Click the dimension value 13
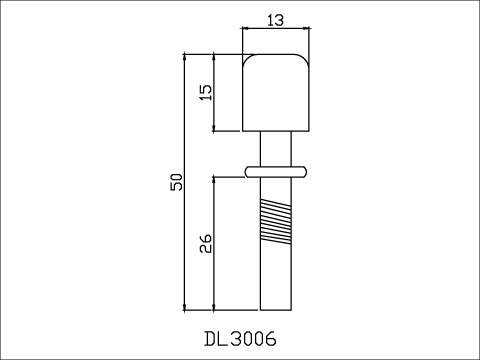pyautogui.click(x=276, y=20)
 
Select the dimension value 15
pyautogui.click(x=205, y=92)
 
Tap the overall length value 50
pyautogui.click(x=177, y=182)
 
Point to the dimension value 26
pyautogui.click(x=205, y=243)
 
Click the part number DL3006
pyautogui.click(x=240, y=339)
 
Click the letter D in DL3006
pyautogui.click(x=210, y=339)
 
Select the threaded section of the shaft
pyautogui.click(x=276, y=222)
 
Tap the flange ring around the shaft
pyautogui.click(x=276, y=171)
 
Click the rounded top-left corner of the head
pyautogui.click(x=247, y=59)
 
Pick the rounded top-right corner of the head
pyautogui.click(x=304, y=59)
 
